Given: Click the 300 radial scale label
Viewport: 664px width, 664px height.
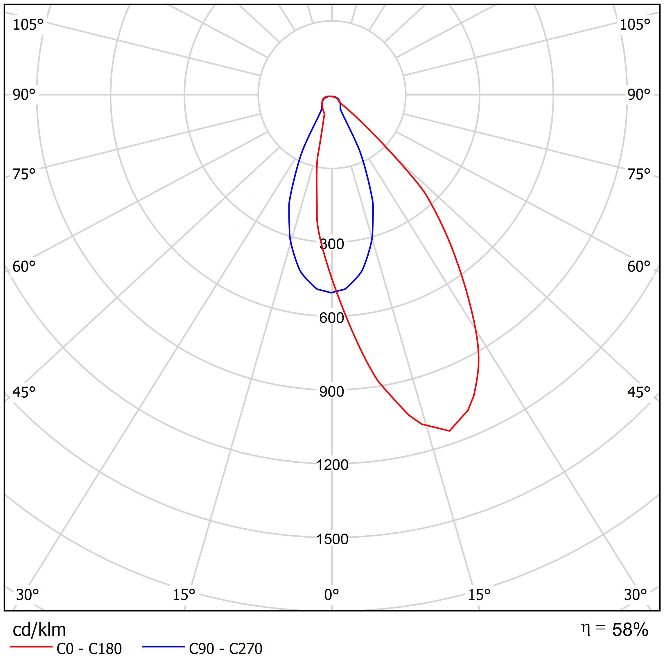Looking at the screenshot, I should point(332,244).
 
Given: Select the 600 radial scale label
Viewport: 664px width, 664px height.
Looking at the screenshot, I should point(332,318).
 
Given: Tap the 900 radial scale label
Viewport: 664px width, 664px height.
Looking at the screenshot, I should point(332,392).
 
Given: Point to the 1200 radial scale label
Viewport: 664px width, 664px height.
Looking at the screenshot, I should point(332,465).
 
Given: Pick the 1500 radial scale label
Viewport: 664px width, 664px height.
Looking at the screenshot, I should point(332,539).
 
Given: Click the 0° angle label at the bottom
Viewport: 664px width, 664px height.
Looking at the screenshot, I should point(332,595).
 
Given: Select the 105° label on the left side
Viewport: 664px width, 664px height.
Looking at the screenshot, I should point(28,25).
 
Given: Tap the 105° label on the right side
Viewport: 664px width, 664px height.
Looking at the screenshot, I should point(635,25).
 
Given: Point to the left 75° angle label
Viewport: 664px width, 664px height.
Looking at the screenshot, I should point(24,175).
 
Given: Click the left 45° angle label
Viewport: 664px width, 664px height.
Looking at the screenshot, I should point(24,392).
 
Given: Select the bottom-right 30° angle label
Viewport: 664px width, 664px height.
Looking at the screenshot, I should point(636,595).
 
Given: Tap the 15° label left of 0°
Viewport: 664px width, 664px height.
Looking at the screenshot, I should point(184,595).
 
